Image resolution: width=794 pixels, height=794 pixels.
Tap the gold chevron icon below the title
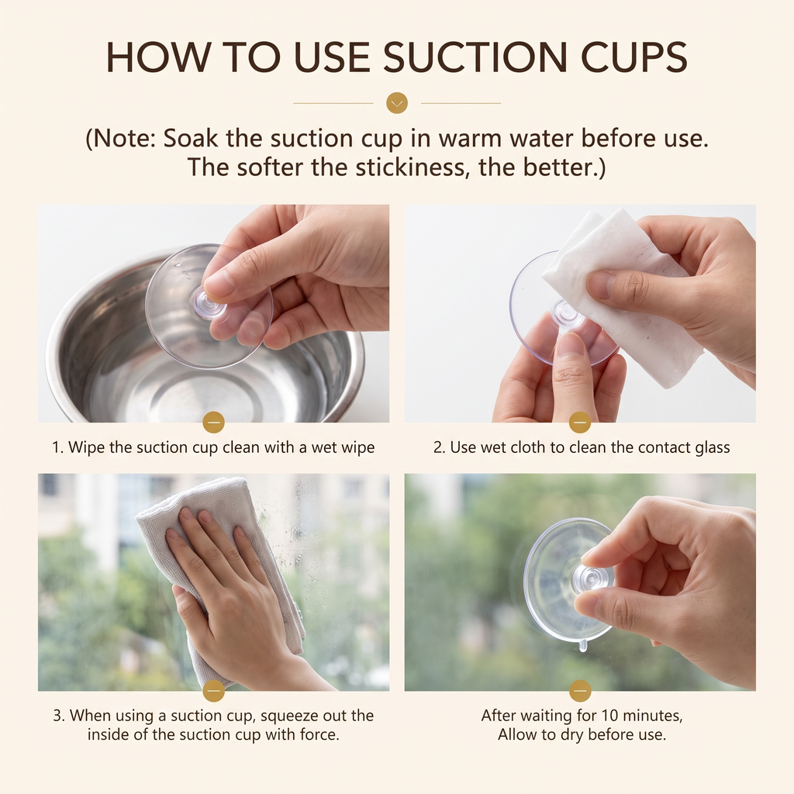point(397,103)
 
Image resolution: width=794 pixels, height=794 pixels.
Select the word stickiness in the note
point(409,167)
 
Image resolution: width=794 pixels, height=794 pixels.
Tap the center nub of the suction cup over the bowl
point(209,303)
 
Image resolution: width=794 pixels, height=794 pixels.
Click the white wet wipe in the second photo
point(623,294)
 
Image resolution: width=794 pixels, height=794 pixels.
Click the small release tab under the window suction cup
point(583,645)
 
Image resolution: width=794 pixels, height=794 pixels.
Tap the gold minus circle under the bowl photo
point(214,423)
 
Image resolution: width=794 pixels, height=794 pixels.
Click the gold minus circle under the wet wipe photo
point(580,423)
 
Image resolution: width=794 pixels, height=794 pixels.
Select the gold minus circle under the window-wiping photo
point(214,691)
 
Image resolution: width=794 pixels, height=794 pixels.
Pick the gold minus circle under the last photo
point(580,691)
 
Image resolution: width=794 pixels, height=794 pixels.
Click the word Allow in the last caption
point(520,734)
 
